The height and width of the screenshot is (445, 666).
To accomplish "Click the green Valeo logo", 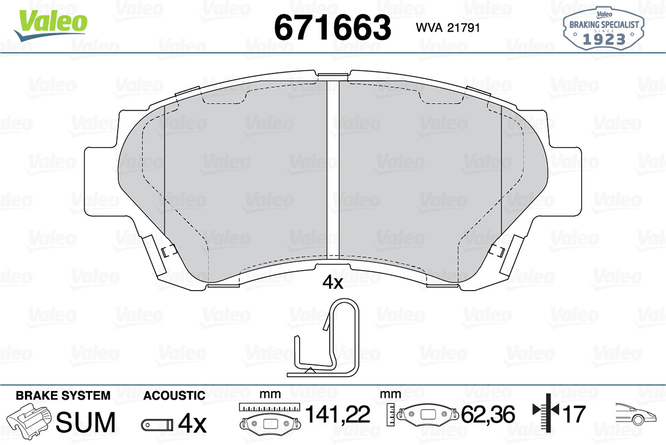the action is click(x=51, y=24).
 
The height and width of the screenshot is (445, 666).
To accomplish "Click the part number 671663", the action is click(x=332, y=27).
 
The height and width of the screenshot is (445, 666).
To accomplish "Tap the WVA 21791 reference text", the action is click(x=448, y=28).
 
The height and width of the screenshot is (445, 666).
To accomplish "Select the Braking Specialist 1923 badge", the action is click(x=604, y=28).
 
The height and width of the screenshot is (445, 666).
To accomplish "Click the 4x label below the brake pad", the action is click(x=332, y=282).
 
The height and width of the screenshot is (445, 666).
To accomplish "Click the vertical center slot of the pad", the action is click(x=333, y=169).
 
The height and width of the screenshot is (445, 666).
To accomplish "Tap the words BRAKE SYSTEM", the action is click(x=63, y=396).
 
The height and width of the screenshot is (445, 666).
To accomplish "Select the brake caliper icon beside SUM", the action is click(x=29, y=419).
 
